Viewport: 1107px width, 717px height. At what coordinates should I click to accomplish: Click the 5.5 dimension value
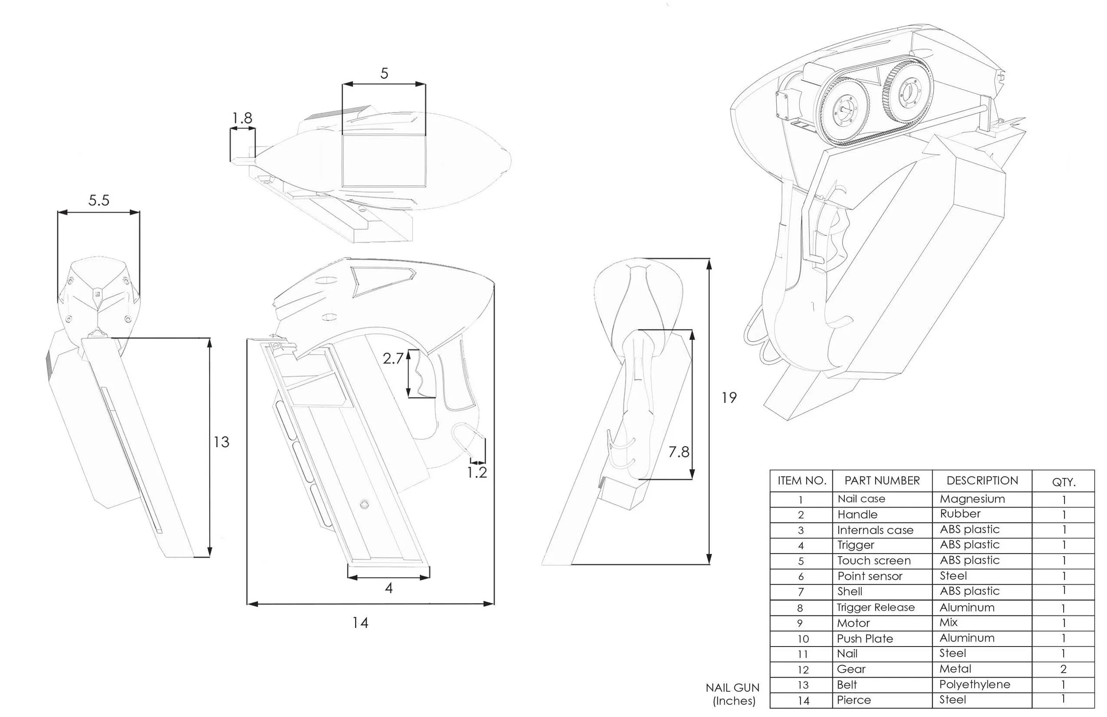(99, 201)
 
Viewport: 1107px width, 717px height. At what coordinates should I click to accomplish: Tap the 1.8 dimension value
(242, 118)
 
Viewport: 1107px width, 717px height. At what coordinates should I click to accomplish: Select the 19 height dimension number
(729, 397)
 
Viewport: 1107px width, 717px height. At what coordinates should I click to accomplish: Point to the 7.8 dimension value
(679, 452)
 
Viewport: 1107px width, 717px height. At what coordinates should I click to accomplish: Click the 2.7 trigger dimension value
(393, 358)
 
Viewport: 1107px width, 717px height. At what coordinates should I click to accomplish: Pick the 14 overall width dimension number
(360, 623)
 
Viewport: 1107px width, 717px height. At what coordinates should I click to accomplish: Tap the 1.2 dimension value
(477, 473)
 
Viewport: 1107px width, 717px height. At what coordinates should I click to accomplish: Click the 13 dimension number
(221, 442)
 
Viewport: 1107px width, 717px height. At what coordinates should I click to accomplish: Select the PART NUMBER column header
(882, 481)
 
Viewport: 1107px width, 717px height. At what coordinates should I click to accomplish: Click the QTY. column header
(1064, 482)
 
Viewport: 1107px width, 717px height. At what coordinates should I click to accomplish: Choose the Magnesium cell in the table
(972, 499)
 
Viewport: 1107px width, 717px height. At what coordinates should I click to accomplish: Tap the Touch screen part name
(874, 561)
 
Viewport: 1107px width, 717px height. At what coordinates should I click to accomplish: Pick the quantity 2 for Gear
(1063, 670)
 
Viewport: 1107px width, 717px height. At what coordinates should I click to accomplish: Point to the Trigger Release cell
(875, 608)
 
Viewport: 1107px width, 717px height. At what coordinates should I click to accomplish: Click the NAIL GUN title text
(732, 688)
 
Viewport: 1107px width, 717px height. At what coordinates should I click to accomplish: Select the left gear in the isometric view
(842, 109)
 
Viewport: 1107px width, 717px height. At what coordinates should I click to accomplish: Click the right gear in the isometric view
(906, 93)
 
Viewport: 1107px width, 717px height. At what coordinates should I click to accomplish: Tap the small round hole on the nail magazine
(364, 504)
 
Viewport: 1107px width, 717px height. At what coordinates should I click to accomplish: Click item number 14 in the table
(803, 701)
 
